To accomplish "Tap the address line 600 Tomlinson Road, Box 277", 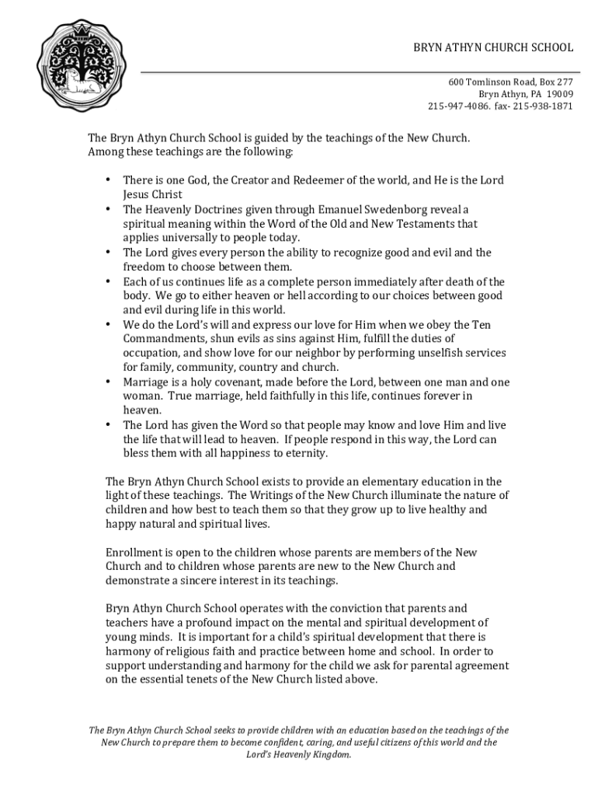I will click(510, 82).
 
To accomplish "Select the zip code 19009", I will click(559, 94).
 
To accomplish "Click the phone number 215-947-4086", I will click(458, 106).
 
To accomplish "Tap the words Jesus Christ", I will click(153, 194).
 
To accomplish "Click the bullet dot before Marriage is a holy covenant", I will click(108, 382).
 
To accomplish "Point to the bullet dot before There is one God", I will click(108, 180).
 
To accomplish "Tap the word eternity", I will click(305, 454).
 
